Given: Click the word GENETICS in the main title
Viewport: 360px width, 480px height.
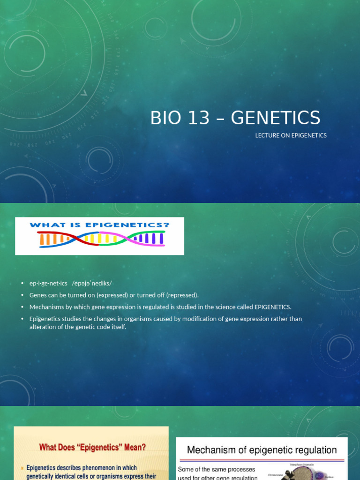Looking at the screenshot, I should pyautogui.click(x=276, y=118).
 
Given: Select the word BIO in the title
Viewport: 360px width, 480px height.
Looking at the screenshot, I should pyautogui.click(x=165, y=118).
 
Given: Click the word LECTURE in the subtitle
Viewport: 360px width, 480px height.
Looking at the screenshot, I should pyautogui.click(x=267, y=135).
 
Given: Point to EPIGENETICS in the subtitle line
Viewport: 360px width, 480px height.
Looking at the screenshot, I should pyautogui.click(x=307, y=135).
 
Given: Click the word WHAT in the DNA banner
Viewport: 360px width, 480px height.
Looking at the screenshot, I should pyautogui.click(x=44, y=225).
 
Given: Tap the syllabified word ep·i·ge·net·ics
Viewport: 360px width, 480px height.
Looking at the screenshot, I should pyautogui.click(x=48, y=283).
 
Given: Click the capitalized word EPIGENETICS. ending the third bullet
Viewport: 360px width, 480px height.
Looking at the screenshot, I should pyautogui.click(x=273, y=307).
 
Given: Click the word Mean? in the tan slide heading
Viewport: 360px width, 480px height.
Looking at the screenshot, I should pyautogui.click(x=134, y=447).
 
